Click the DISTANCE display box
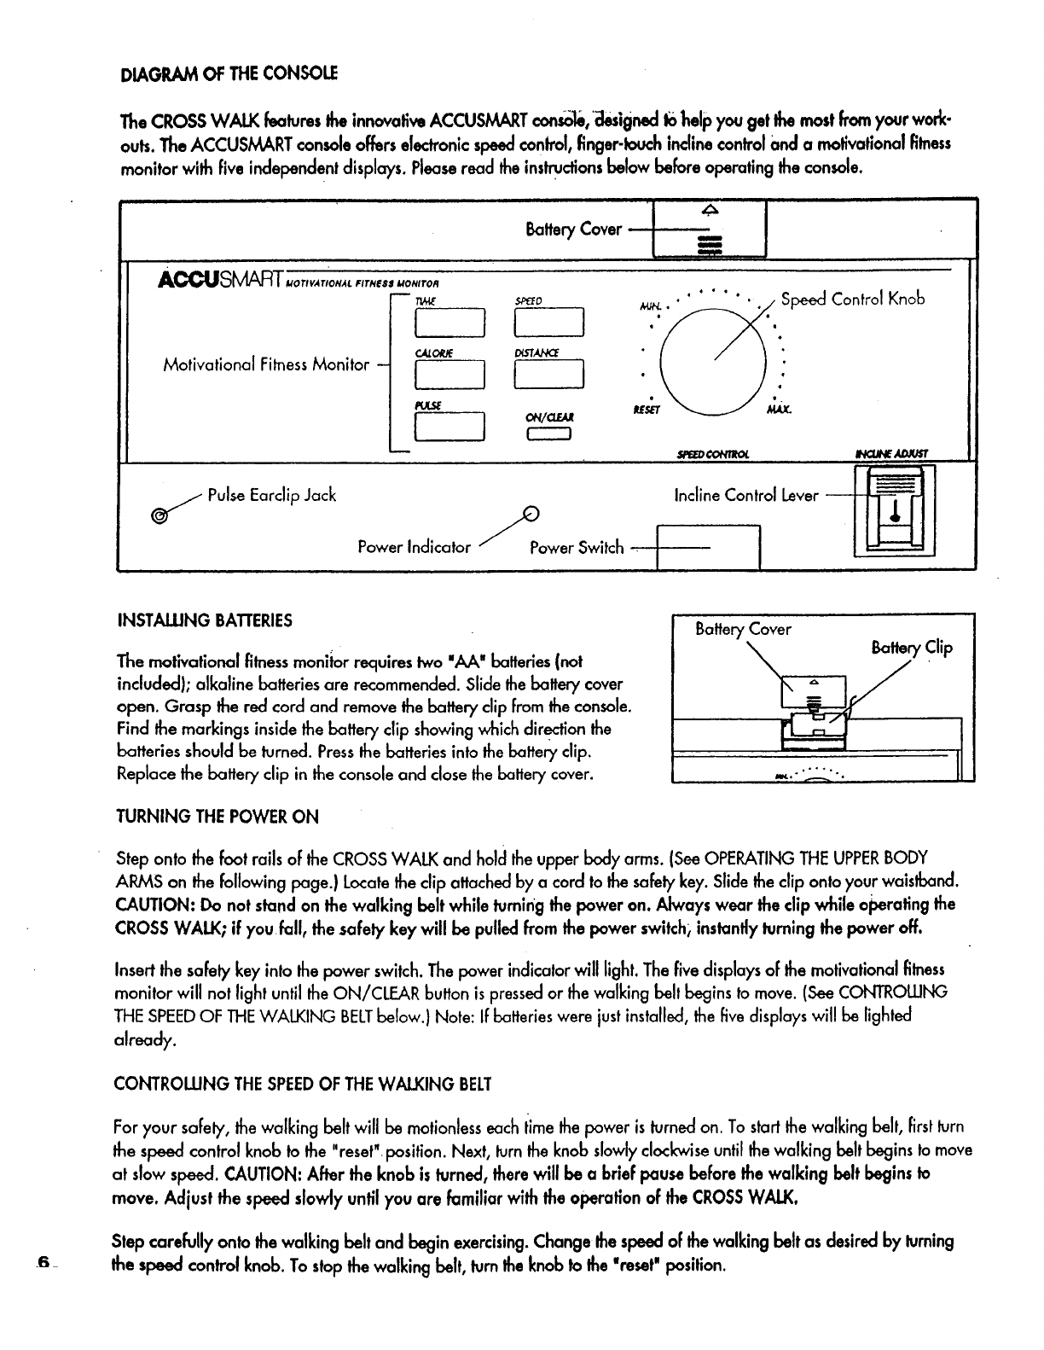[549, 375]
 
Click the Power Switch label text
[577, 548]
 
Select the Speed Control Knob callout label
[852, 300]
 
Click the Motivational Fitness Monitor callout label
[266, 365]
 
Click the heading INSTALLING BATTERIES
[204, 620]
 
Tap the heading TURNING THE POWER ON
[217, 817]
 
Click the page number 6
[41, 1263]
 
